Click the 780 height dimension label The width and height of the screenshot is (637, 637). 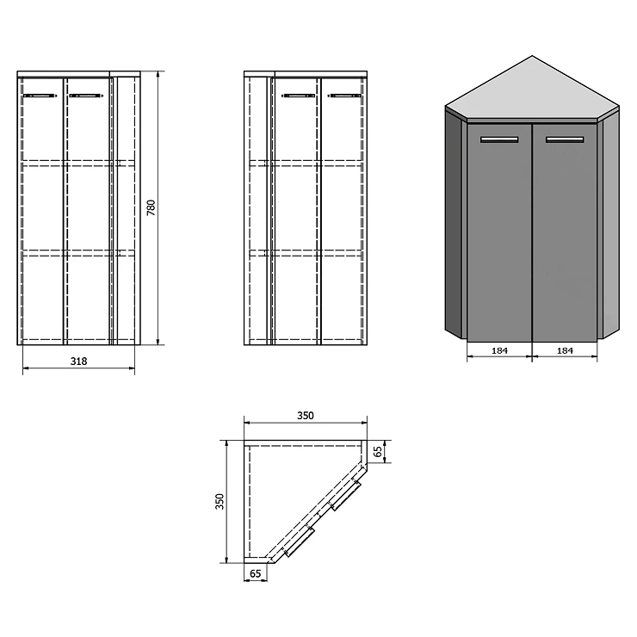[152, 207]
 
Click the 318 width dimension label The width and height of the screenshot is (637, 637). [79, 362]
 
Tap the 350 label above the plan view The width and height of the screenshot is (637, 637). [306, 416]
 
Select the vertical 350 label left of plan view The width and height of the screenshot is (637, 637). [220, 501]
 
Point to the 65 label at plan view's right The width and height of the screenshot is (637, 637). [378, 451]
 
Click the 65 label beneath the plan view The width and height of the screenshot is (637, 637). [256, 573]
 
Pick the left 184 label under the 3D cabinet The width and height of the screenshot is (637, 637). [499, 350]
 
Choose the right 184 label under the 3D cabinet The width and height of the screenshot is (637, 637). [565, 350]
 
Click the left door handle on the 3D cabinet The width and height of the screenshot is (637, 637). [499, 139]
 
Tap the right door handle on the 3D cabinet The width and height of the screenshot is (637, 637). [565, 139]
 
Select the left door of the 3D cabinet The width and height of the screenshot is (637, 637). [499, 232]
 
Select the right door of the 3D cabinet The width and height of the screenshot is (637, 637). [565, 232]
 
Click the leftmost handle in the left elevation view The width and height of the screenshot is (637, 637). [40, 96]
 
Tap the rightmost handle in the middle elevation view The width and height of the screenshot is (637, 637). [344, 96]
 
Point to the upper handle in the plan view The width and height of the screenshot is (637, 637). [345, 495]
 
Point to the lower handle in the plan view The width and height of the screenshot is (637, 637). [299, 541]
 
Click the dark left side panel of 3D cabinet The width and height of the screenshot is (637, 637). [454, 224]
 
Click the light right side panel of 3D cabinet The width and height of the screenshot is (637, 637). [610, 224]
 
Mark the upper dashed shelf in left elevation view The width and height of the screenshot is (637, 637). [79, 164]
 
